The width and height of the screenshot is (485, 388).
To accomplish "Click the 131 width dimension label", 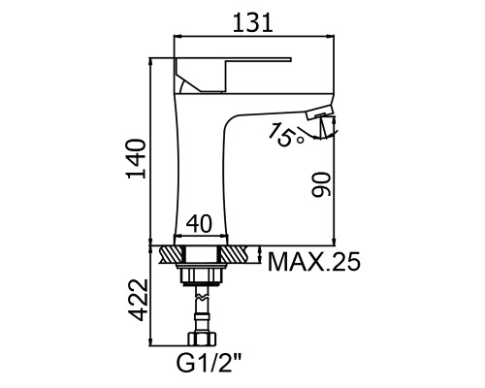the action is coord(252,22).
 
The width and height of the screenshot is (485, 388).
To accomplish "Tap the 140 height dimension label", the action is coord(136,159).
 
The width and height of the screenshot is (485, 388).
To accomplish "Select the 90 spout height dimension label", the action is coord(321,184).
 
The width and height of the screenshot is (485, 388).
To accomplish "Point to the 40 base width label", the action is coord(199,224).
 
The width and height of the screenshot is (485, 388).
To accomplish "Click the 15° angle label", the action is coord(286,135).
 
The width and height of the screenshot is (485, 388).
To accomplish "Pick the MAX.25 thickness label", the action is coord(313,261).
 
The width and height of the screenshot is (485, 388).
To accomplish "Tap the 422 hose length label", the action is coord(139,300).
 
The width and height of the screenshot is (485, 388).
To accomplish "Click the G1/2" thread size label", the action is coord(209,363).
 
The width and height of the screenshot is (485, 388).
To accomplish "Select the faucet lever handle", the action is coord(233,75).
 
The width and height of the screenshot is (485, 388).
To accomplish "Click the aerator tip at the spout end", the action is coord(318,113).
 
